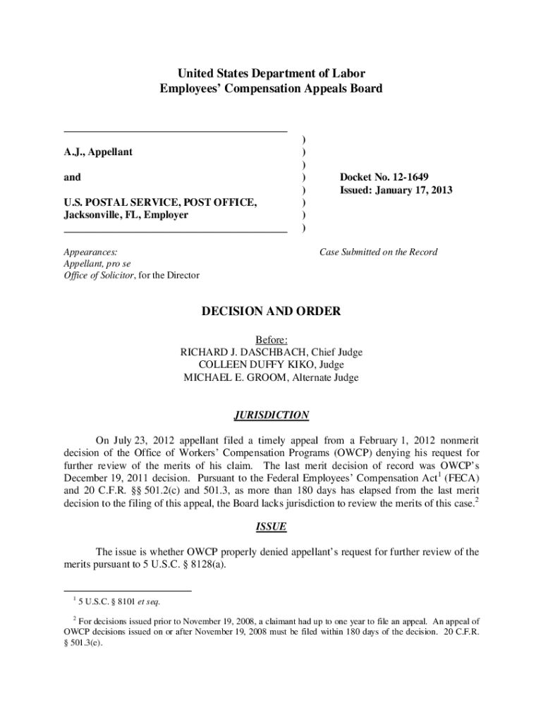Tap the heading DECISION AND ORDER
271,311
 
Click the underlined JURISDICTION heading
271,415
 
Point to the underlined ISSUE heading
271,526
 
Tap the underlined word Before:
271,340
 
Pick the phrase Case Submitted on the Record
378,252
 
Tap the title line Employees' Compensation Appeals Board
271,89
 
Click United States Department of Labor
271,73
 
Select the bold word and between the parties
72,178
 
